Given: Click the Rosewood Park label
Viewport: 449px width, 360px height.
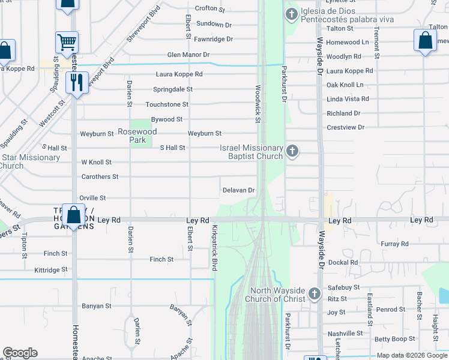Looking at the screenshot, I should [137, 136].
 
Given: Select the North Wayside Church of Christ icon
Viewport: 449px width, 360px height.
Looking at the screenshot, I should [315, 294].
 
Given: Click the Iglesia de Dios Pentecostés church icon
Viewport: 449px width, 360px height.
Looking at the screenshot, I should [292, 14].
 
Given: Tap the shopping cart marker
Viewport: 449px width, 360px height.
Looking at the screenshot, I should [67, 43].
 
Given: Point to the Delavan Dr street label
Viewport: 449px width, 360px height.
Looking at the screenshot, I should [239, 190].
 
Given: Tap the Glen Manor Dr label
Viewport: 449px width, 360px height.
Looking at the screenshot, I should [188, 55].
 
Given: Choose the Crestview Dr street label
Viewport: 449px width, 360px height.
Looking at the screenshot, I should [346, 128].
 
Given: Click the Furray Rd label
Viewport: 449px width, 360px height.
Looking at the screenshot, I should [394, 244].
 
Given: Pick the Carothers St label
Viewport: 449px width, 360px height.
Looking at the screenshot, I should [100, 177].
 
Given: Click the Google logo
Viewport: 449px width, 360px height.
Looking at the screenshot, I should [20, 353].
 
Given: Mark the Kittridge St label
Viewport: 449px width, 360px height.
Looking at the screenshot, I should [51, 271].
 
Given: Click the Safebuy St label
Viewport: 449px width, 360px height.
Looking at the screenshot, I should [343, 287].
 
